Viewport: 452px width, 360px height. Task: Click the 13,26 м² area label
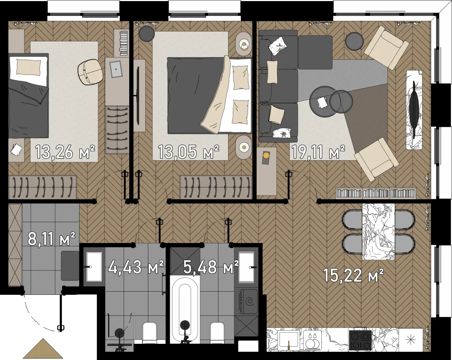coord(65,152)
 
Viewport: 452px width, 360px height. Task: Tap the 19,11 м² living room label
coord(318,152)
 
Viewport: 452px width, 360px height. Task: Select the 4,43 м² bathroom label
coord(136,267)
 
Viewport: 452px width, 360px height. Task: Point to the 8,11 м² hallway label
coord(51,239)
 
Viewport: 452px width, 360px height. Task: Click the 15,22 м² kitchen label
coord(353,275)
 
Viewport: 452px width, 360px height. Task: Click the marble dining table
coord(379,231)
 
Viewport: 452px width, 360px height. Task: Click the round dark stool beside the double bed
coord(147,33)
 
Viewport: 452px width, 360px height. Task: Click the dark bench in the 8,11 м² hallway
coord(70,266)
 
